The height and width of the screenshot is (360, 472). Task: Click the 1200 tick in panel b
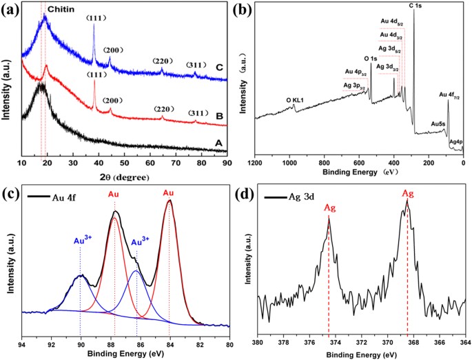256,163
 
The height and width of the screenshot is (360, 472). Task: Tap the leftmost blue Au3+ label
81,241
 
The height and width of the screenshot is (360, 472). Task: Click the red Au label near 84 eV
168,194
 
